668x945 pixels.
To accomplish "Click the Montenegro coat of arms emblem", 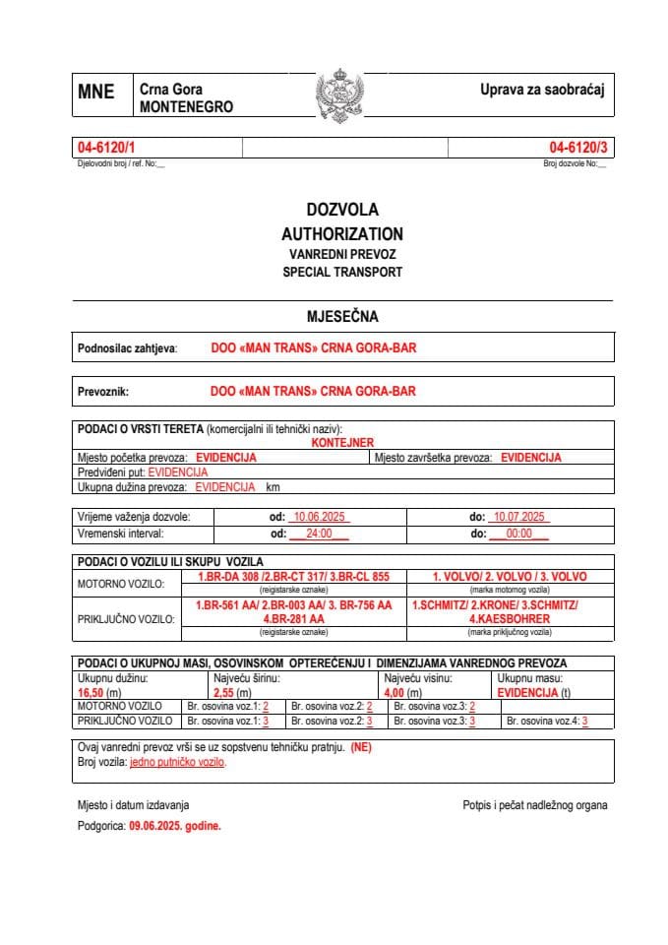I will click(340, 95).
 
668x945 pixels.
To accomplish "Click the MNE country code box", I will click(96, 93).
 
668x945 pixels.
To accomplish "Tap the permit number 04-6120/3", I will click(578, 147).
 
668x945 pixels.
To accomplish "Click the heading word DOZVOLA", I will click(341, 210).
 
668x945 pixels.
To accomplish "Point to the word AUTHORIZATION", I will click(341, 234).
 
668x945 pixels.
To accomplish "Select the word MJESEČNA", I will click(342, 316).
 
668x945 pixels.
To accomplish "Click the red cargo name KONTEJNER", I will click(342, 443).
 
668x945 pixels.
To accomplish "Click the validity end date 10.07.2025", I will click(520, 517).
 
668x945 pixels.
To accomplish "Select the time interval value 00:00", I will click(518, 534).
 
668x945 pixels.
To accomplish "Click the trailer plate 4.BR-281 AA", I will click(293, 619).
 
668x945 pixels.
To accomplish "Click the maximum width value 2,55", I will click(225, 692).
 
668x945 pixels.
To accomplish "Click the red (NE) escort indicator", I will click(360, 747).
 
